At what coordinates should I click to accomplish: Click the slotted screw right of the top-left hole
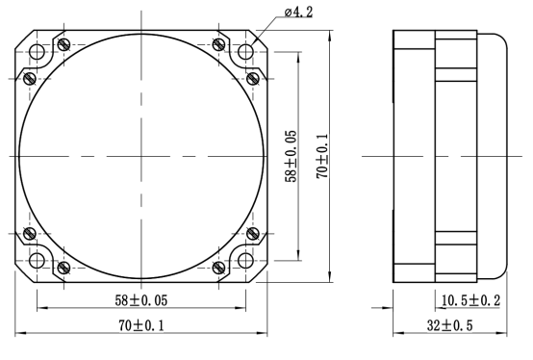click(63, 44)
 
